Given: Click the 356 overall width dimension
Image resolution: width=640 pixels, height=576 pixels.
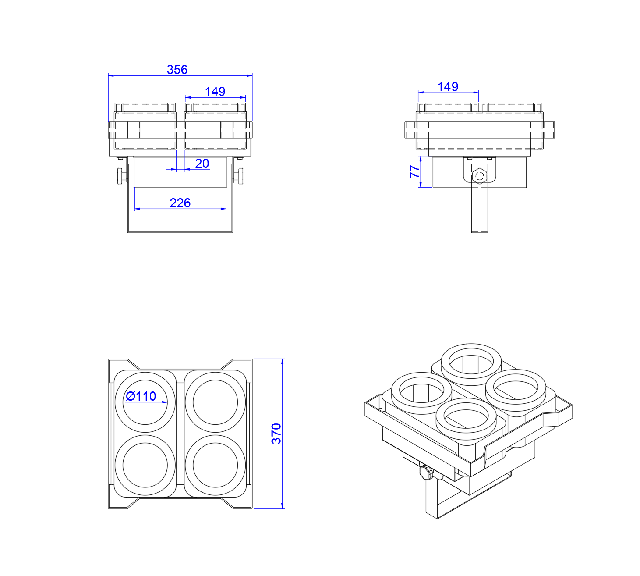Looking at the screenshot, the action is pos(177,70).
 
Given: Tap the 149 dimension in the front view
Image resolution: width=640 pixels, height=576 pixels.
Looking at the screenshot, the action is pos(215,92).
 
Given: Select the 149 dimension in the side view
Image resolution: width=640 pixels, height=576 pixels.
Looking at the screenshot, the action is pos(448,87).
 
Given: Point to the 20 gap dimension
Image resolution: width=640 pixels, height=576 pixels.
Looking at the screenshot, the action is pos(202,164).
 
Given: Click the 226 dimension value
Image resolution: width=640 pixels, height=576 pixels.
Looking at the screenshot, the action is pos(180,203).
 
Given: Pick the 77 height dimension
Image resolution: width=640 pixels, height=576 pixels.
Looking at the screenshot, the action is pos(414,172).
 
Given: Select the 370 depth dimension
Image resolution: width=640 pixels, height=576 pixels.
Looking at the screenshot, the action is pos(276,434).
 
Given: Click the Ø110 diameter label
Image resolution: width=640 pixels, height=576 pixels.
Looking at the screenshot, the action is pos(141,396).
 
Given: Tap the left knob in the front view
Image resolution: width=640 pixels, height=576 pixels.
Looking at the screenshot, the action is pos(121,176).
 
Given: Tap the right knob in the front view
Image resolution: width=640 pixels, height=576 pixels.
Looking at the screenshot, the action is pos(239,176).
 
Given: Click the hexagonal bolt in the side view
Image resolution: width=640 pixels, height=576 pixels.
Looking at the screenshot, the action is pos(479,176).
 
